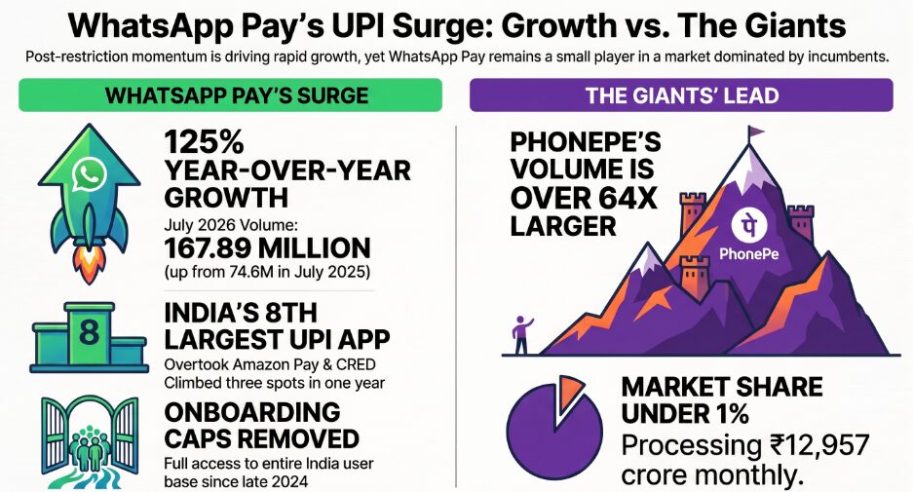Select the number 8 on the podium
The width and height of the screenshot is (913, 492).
click(89, 332)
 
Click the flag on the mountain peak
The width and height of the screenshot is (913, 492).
click(755, 132)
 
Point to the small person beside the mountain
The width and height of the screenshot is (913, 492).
click(521, 335)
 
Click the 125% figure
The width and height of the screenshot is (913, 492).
click(196, 142)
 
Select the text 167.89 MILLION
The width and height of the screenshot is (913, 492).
click(267, 248)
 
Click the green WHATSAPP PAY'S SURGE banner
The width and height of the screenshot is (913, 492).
click(231, 95)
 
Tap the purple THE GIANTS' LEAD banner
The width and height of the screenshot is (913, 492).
click(681, 95)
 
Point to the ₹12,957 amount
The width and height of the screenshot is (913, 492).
click(816, 446)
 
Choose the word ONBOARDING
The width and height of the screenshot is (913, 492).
click(252, 412)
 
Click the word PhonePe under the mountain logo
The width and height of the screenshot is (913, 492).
click(748, 254)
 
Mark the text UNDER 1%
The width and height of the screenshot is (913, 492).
click(685, 414)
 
